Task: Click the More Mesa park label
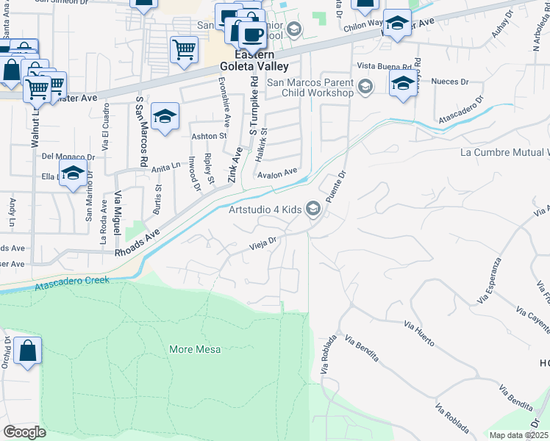(190, 349)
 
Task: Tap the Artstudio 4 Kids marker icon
(314, 210)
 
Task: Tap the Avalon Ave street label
(277, 174)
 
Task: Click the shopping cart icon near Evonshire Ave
(184, 50)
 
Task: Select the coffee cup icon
(253, 34)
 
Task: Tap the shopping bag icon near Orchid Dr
(27, 352)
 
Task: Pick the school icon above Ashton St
(165, 116)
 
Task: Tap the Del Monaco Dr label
(68, 157)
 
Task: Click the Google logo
(24, 432)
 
